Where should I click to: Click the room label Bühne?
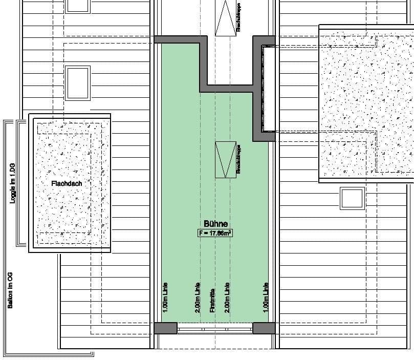[x=215, y=224]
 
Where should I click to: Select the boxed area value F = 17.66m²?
[x=215, y=233]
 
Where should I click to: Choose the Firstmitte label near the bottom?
[x=212, y=299]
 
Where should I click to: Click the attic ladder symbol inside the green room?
[x=225, y=160]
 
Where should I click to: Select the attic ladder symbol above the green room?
[x=225, y=18]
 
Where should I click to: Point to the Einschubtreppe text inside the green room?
[x=238, y=160]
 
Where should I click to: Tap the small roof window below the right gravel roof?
[x=352, y=199]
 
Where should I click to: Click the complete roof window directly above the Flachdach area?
[x=77, y=82]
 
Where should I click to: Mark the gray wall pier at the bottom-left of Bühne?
[x=166, y=328]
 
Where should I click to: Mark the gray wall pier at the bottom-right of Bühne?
[x=264, y=328]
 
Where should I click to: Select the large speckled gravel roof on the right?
[x=366, y=102]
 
